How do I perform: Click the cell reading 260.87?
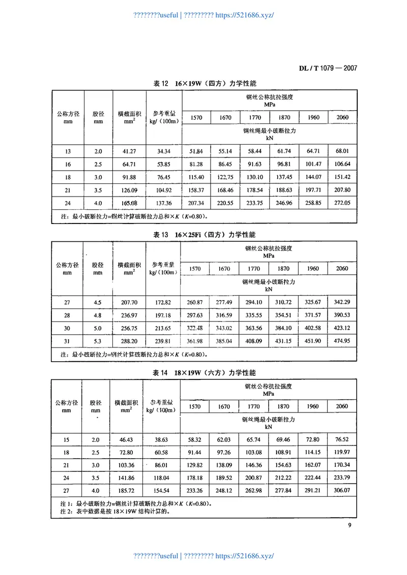point(195,303)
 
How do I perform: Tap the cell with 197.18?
point(162,315)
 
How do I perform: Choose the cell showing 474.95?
point(342,341)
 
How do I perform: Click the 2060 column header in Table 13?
point(342,269)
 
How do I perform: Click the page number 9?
point(350,526)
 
